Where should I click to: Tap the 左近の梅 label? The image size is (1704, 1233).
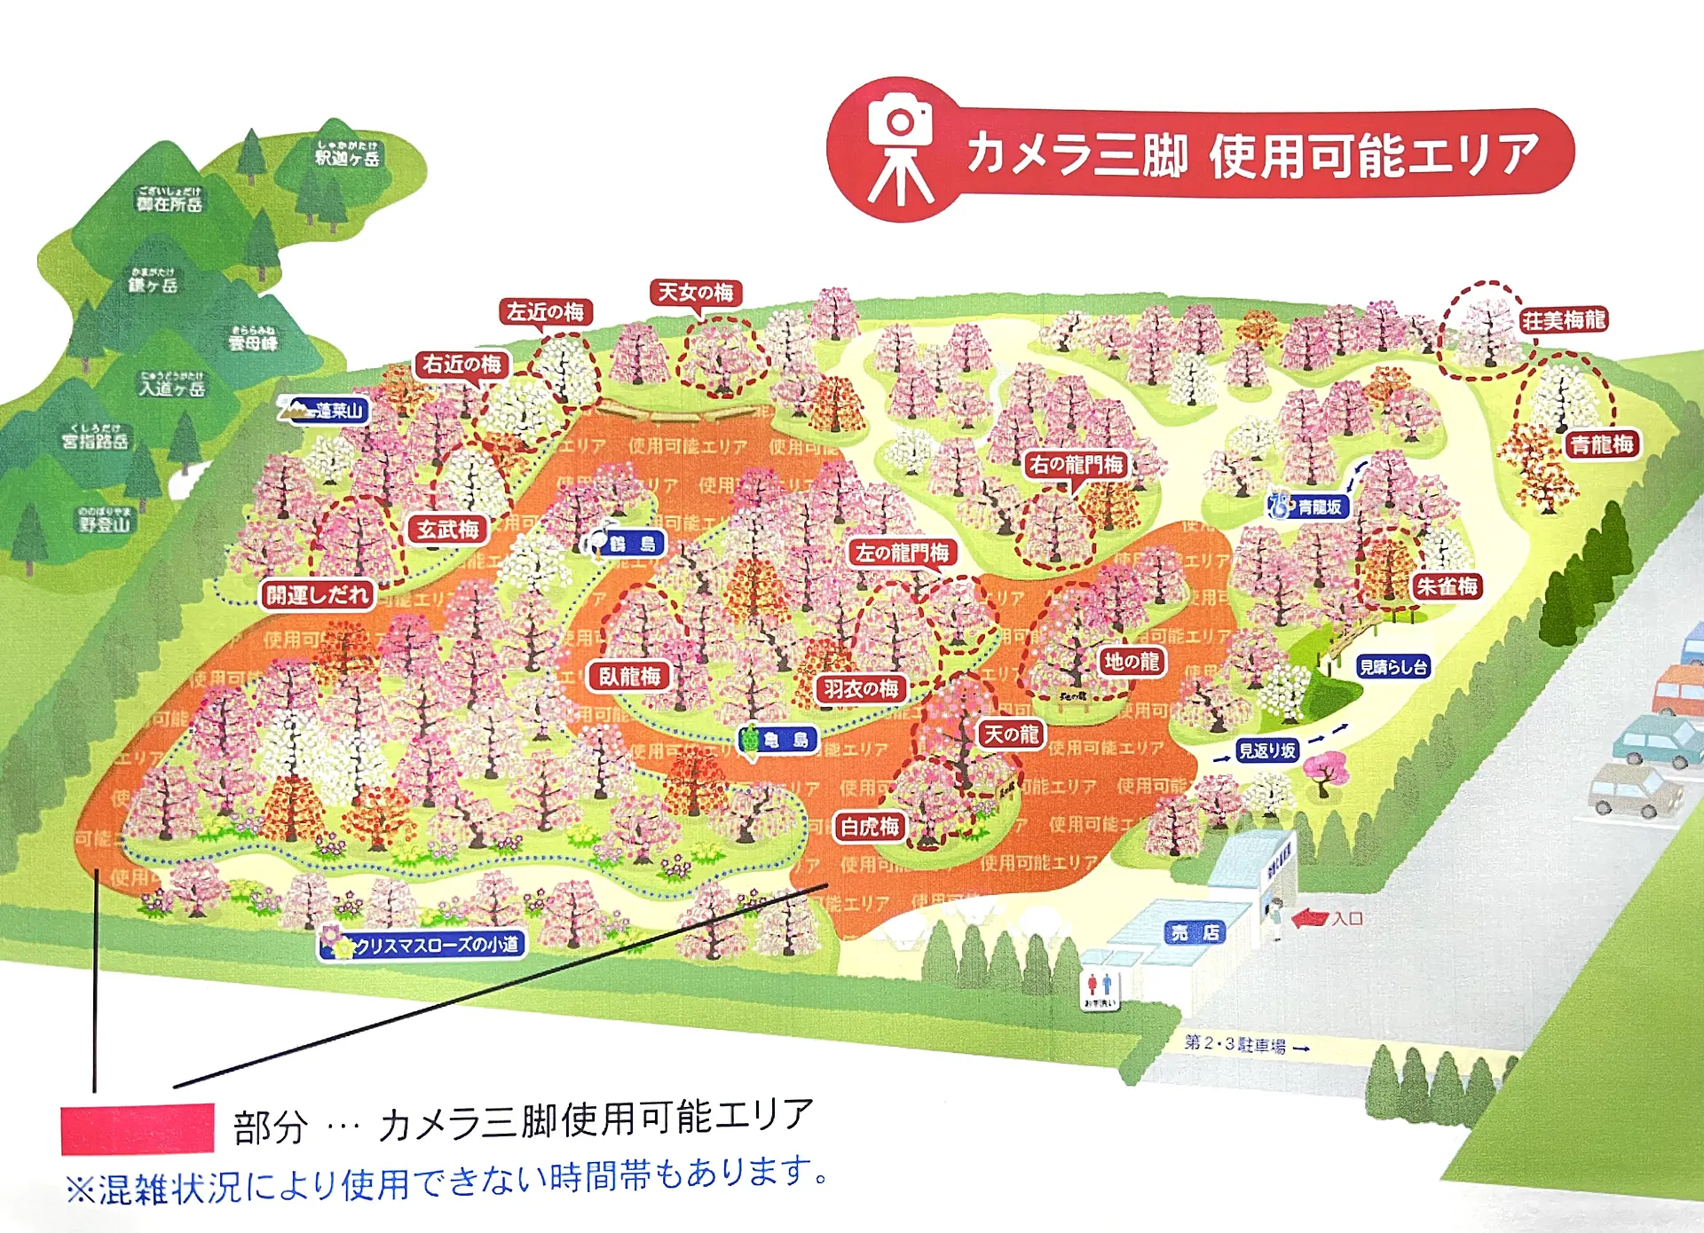coord(545,312)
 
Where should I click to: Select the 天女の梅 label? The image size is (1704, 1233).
coord(696,293)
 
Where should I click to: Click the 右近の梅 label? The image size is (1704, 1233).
coord(461,365)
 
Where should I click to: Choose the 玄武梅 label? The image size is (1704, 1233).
coord(448,530)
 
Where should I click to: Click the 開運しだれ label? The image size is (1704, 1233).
coord(317,595)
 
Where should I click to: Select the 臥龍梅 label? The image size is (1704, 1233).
coord(629,677)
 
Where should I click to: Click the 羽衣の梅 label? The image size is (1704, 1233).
coord(860,689)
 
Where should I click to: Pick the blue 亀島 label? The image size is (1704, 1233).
coord(779,740)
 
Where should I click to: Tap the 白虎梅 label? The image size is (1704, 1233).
coord(870,828)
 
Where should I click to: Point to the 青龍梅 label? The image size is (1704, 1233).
coord(1602,444)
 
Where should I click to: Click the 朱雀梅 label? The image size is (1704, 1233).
coord(1447,586)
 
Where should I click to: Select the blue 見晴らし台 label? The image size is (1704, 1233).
coord(1393,667)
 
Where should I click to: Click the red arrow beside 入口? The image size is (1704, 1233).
coord(1309,919)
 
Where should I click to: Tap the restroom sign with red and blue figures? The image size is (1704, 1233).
coord(1100,987)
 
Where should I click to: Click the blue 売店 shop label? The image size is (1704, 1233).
coord(1195,932)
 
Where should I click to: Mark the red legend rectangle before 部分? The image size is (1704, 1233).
coord(137,1128)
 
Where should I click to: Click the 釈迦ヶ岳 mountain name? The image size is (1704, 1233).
coord(347,157)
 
